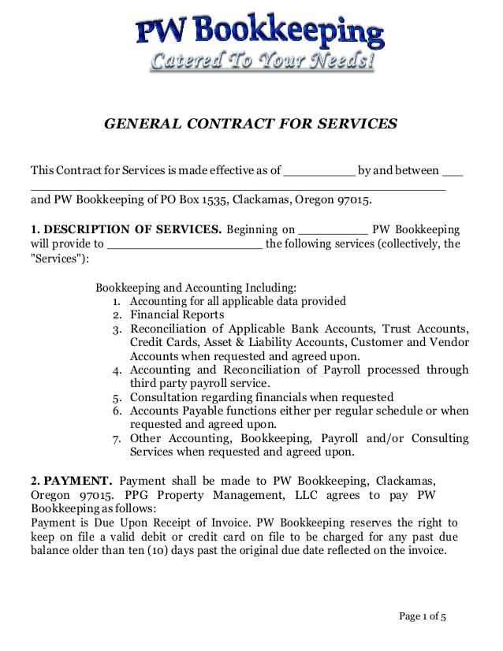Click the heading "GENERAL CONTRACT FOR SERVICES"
point(251,124)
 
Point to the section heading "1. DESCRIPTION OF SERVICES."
point(126,229)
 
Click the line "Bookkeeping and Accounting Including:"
point(196,288)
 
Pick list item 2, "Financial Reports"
point(177,314)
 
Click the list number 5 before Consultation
point(117,398)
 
